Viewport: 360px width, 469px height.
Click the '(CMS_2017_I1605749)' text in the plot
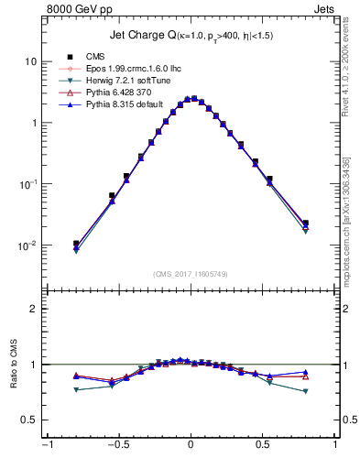point(190,274)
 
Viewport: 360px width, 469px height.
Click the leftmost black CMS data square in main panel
point(76,244)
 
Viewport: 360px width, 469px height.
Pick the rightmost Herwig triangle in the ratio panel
point(305,391)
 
